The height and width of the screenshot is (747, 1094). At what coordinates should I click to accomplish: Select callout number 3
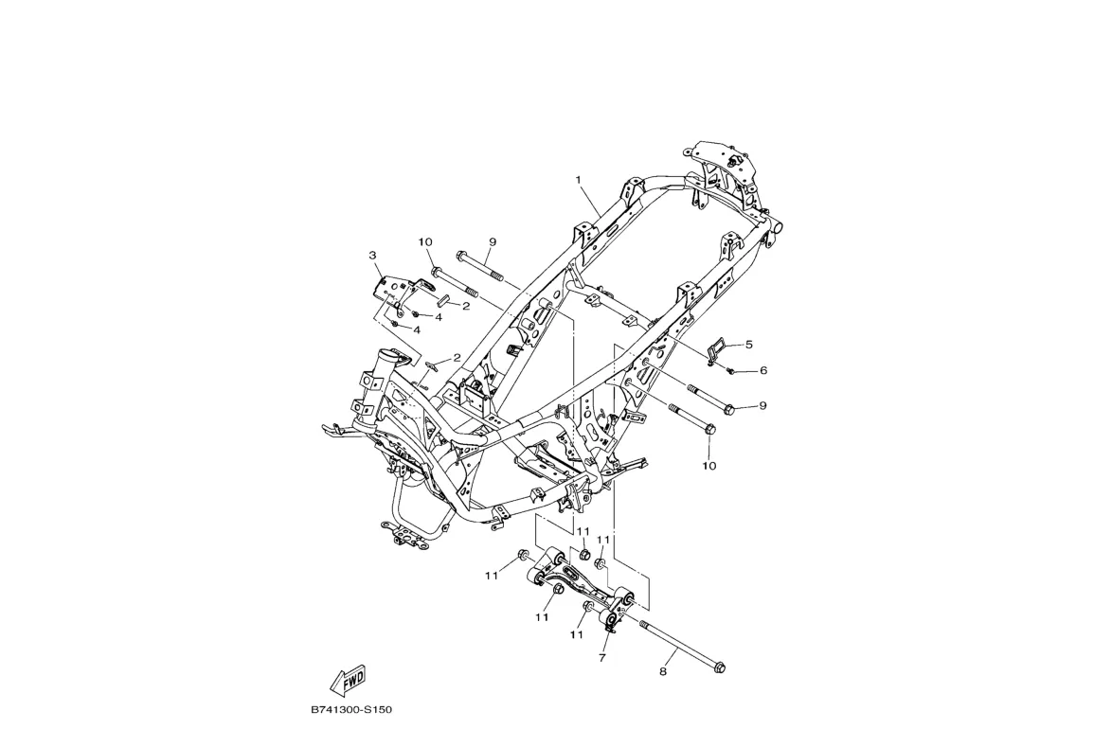point(373,256)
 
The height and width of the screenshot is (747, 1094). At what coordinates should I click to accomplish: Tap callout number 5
point(748,345)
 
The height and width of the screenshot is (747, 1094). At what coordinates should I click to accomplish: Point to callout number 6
point(762,370)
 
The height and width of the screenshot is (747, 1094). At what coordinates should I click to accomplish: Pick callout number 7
point(602,656)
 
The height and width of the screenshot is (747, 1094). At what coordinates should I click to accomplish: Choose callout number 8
point(663,672)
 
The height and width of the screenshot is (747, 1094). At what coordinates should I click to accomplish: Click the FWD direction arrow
point(348,679)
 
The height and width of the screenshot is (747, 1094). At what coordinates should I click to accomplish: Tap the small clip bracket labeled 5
point(717,348)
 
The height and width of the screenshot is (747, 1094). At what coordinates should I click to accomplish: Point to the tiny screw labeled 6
point(733,369)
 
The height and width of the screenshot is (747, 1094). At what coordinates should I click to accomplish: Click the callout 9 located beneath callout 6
point(762,406)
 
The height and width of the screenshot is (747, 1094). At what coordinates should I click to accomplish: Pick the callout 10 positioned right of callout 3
point(426,242)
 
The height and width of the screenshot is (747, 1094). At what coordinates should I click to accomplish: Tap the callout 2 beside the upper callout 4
point(466,306)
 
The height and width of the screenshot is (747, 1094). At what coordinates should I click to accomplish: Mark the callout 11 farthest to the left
point(492,576)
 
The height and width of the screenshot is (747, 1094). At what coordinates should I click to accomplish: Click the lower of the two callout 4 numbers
point(417,329)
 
